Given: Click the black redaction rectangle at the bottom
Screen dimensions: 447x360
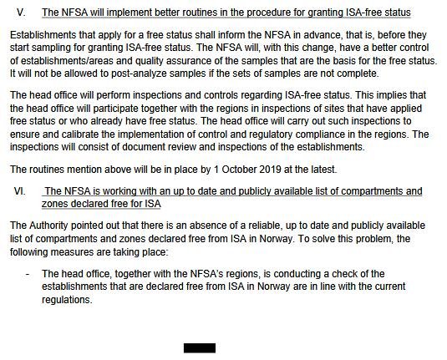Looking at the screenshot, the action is [199, 347].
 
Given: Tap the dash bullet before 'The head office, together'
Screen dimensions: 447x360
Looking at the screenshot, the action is [28, 274].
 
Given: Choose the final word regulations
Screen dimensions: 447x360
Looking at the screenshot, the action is [66, 301].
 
